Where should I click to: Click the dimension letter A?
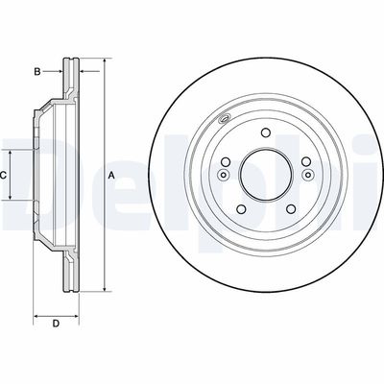coord(111,175)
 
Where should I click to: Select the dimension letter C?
coord(4,175)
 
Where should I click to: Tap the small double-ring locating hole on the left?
coord(223,176)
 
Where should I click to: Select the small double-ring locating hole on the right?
coord(307,176)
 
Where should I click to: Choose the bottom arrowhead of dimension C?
coord(12,196)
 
